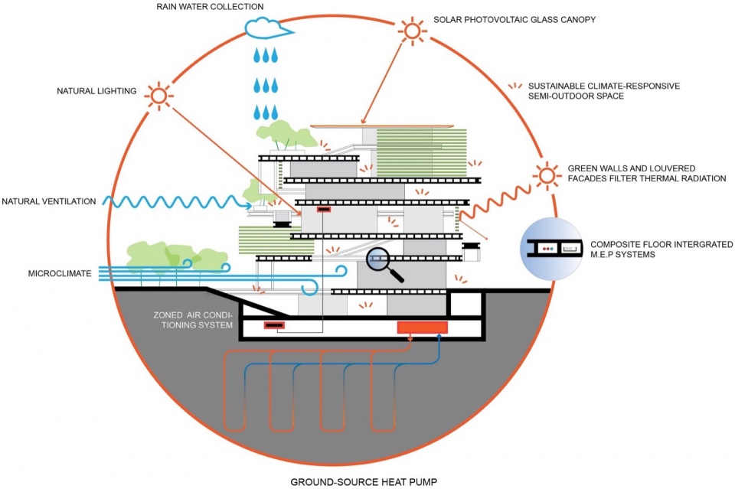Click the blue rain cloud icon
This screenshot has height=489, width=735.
(268, 28)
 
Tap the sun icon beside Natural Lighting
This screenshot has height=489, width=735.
(159, 96)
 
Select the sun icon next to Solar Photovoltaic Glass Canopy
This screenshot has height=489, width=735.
(413, 31)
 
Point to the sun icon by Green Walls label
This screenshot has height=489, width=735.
(547, 176)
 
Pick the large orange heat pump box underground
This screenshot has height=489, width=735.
(423, 328)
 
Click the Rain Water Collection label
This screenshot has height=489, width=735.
(210, 7)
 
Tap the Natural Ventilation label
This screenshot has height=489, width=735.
(49, 201)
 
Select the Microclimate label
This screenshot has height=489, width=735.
(60, 273)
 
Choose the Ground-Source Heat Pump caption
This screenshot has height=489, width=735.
(364, 482)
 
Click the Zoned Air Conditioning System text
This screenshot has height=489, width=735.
(193, 320)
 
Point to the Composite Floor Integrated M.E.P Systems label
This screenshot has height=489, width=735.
(661, 249)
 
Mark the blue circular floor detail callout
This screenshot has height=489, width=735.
(551, 249)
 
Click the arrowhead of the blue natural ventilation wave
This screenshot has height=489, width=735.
(248, 204)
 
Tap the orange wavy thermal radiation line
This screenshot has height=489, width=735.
(495, 202)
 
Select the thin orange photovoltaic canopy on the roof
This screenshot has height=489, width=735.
(382, 126)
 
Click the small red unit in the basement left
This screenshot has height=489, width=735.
(274, 325)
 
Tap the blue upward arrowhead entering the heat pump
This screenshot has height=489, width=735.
(439, 337)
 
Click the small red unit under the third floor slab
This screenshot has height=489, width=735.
(323, 210)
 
